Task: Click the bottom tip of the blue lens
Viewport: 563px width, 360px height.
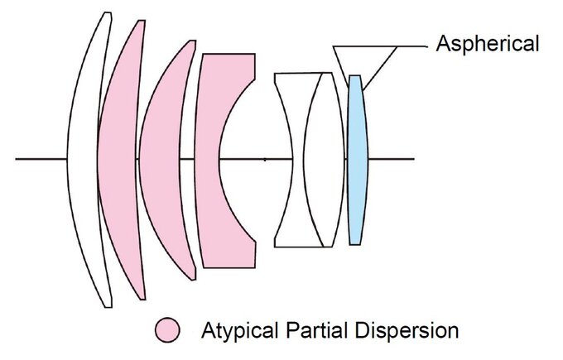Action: pos(355,243)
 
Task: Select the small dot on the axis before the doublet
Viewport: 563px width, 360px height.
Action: pos(264,158)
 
